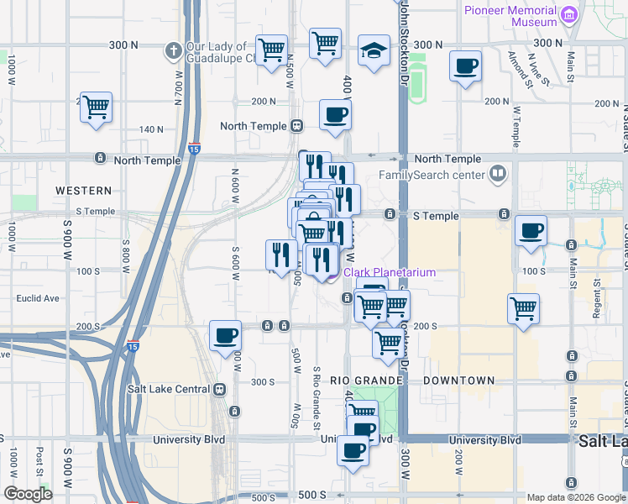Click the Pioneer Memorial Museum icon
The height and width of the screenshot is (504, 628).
tap(570, 14)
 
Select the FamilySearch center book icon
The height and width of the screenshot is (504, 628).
tap(498, 174)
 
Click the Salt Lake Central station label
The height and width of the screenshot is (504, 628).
tap(168, 389)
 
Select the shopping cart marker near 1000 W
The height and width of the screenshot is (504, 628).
tap(97, 107)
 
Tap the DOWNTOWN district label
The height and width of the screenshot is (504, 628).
tap(458, 381)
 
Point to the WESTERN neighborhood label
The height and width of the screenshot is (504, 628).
tap(83, 191)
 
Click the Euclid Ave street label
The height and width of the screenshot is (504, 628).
tap(41, 298)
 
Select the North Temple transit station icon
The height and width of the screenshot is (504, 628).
tap(296, 126)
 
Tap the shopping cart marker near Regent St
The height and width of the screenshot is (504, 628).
tap(523, 307)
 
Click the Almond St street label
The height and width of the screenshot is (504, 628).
tap(517, 68)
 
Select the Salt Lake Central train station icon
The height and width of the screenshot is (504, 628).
tap(219, 389)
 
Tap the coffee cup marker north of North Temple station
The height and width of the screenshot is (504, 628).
tap(335, 115)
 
